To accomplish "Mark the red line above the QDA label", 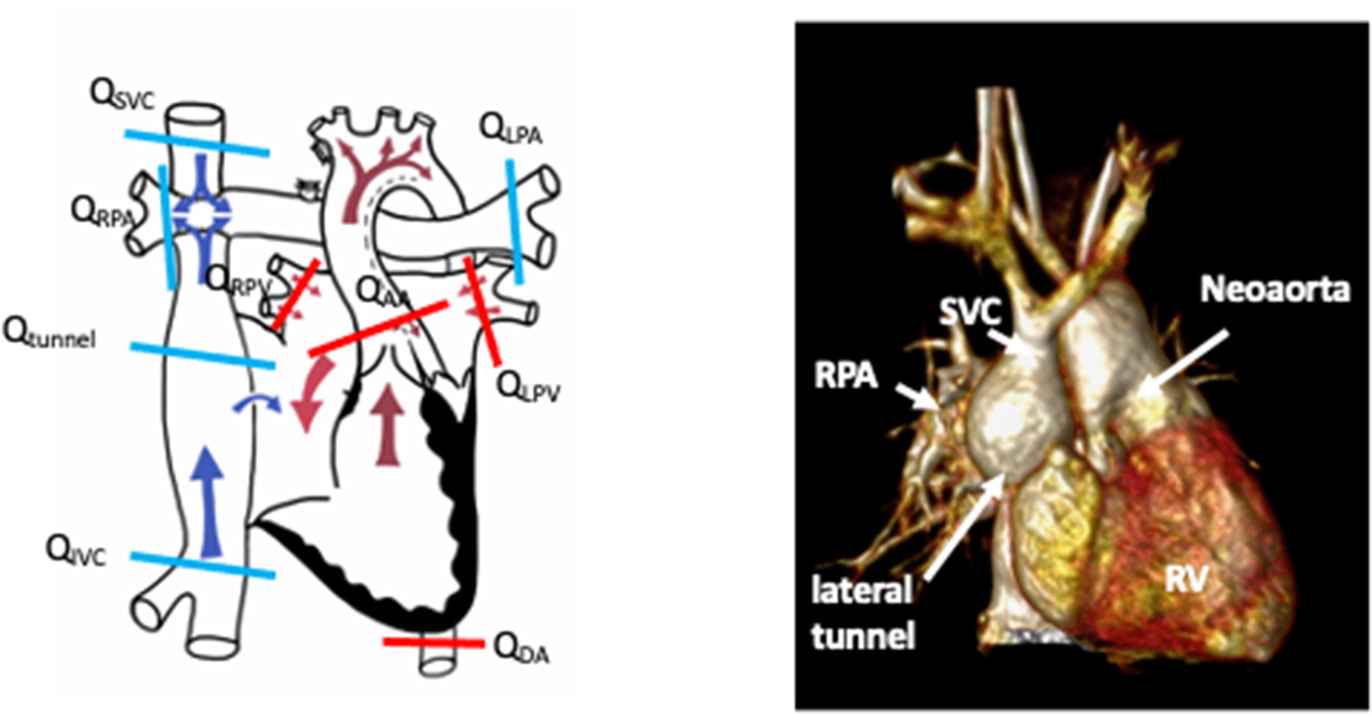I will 433,642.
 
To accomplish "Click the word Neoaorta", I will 1274,290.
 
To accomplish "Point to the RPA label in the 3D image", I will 846,375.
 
